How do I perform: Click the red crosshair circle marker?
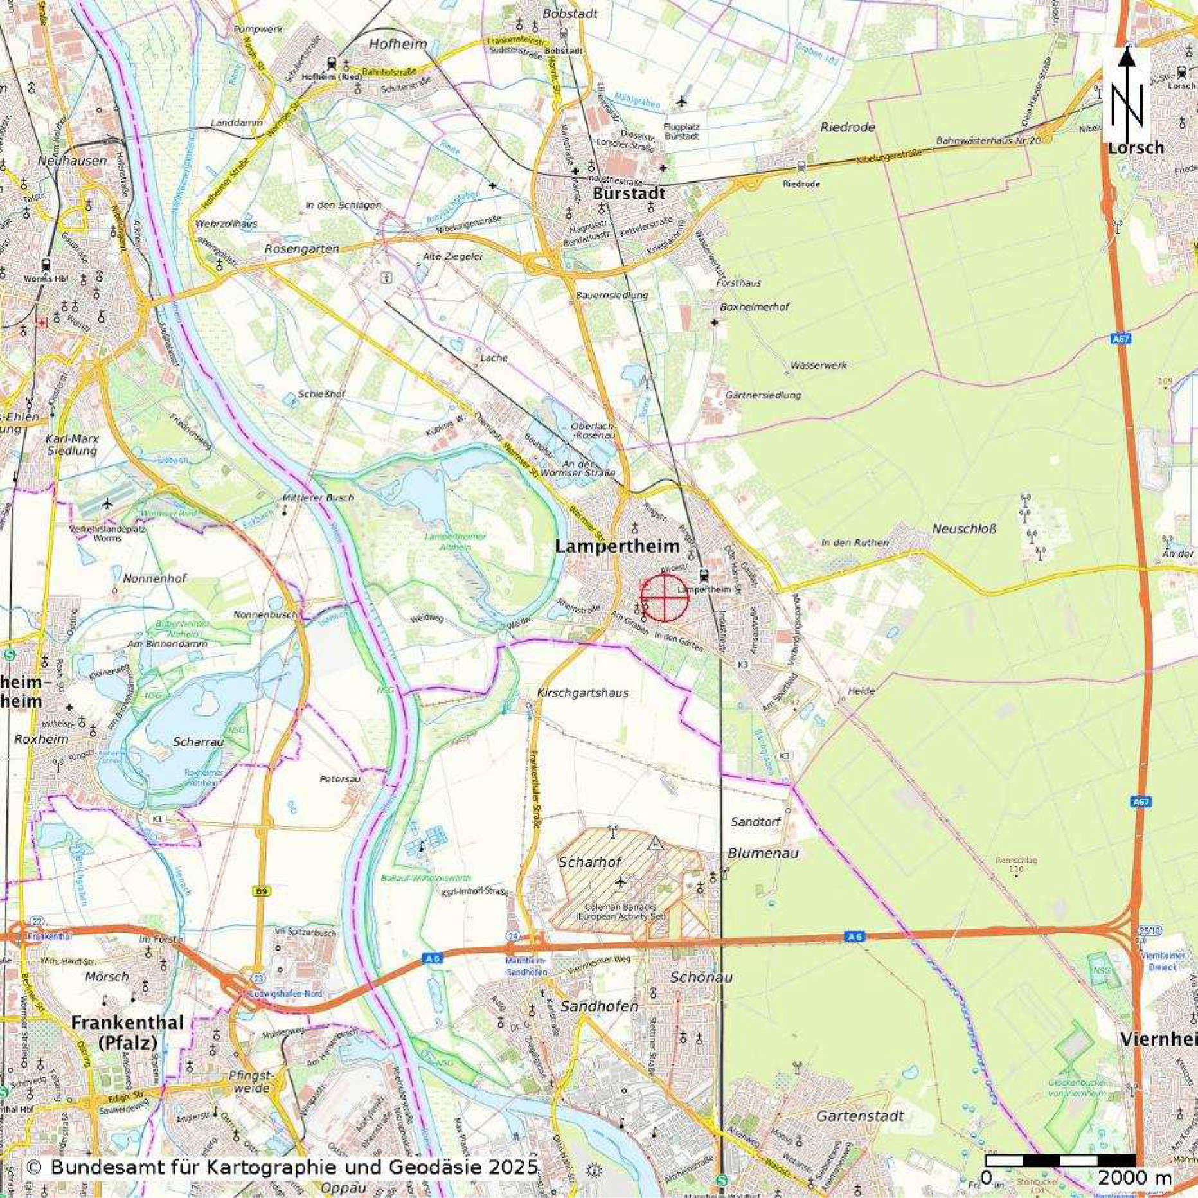coord(665,598)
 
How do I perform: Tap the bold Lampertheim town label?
coord(616,547)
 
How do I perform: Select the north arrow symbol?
coord(1127,90)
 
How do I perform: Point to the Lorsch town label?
coord(1135,147)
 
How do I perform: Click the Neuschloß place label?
coord(963,529)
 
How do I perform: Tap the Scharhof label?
coord(590,862)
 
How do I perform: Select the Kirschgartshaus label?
coord(582,693)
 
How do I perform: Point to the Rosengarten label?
coord(301,249)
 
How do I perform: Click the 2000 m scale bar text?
coord(1134,1178)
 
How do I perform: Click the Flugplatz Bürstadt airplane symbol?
coord(682,101)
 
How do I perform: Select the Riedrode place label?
coord(847,127)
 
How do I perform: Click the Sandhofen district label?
coord(599,1006)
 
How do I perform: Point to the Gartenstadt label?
coord(859,1116)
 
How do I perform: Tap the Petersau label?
coord(340,779)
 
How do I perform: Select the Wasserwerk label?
coord(818,365)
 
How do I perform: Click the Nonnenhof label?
coord(156,578)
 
